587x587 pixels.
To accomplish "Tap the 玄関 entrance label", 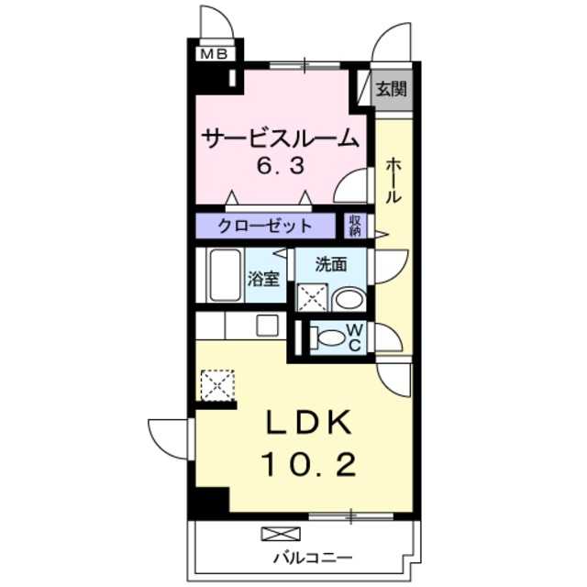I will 392,89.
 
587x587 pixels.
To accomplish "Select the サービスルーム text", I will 280,139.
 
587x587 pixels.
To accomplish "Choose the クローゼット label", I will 265,226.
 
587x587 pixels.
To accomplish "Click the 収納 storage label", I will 356,226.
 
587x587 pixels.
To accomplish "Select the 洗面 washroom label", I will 330,265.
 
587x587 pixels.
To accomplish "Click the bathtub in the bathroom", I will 221,274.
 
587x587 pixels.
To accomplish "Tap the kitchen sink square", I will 268,325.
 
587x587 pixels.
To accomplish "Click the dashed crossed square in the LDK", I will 217,384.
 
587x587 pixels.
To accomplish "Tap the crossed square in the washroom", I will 312,299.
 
